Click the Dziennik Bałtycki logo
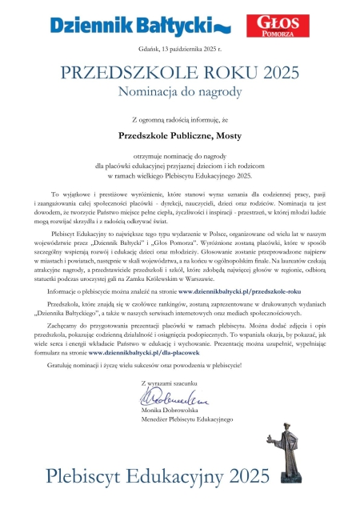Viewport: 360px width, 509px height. pyautogui.click(x=139, y=23)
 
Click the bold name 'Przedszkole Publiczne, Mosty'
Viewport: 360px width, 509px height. pyautogui.click(x=180, y=137)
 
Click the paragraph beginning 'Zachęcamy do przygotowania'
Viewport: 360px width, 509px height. pyautogui.click(x=180, y=339)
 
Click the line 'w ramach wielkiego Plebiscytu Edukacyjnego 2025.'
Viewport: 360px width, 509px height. pyautogui.click(x=180, y=174)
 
